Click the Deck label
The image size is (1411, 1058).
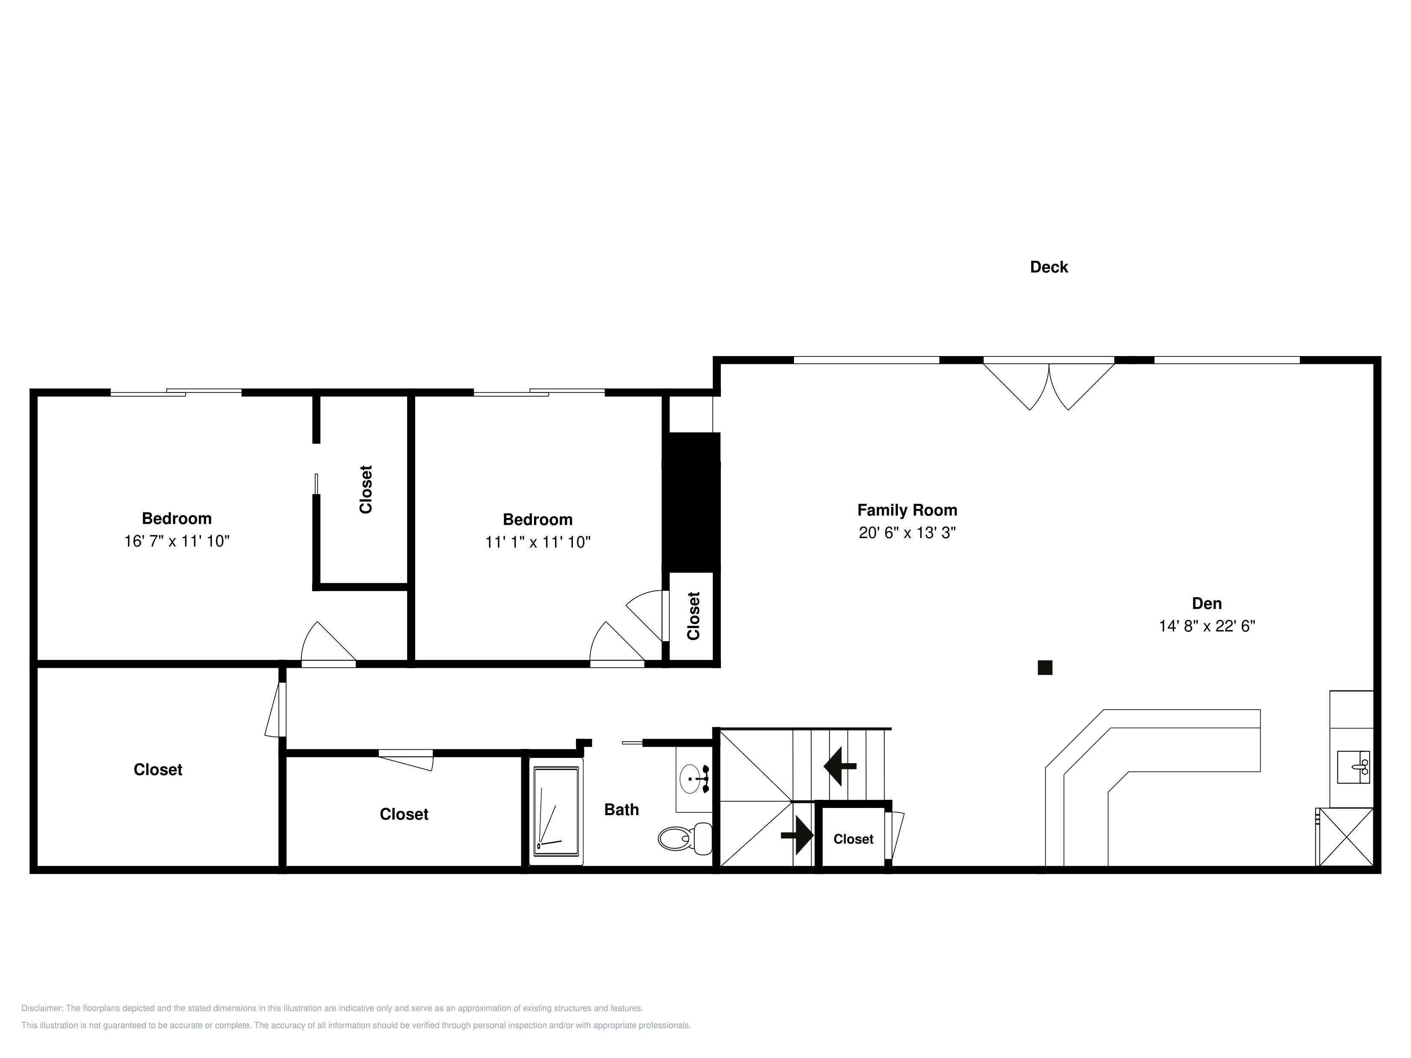[x=1049, y=267]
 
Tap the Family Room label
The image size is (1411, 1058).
[x=907, y=510]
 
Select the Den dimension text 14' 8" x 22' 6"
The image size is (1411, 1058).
[x=1207, y=626]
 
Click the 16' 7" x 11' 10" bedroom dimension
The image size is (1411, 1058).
[x=177, y=541]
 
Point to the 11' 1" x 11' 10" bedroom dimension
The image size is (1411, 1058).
[x=538, y=542]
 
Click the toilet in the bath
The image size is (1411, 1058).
[x=685, y=838]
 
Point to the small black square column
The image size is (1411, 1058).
[x=1045, y=668]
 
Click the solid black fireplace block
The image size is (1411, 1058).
[x=691, y=503]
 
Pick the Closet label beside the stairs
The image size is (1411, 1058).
[x=853, y=839]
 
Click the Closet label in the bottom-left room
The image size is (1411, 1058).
[x=157, y=770]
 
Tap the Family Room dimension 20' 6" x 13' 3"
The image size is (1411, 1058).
[x=907, y=533]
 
